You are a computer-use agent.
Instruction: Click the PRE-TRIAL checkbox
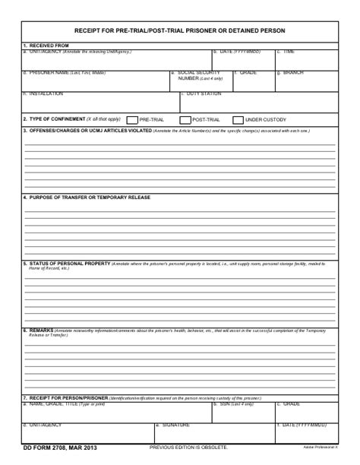(132, 120)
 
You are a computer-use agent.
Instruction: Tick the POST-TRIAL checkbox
(185, 120)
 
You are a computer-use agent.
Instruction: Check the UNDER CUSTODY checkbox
(238, 120)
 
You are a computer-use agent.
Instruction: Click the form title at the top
(180, 30)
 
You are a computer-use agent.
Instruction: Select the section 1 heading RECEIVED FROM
(48, 46)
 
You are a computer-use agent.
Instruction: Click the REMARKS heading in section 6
(40, 331)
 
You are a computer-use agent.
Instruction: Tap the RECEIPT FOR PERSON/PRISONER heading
(68, 398)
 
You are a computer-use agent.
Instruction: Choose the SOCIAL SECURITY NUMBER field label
(198, 75)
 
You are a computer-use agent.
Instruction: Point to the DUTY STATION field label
(204, 93)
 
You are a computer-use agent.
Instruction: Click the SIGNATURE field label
(175, 425)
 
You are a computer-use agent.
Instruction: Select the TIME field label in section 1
(289, 52)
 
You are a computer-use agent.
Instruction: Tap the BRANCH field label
(292, 73)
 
